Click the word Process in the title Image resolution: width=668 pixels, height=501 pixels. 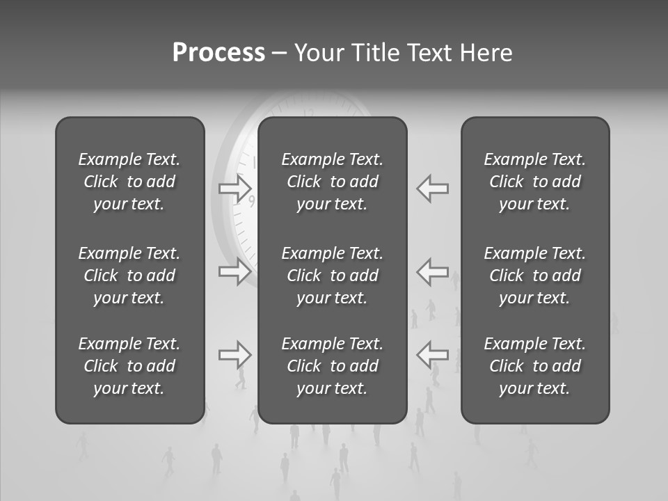[218, 53]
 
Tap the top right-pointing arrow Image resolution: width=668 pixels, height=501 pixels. [235, 188]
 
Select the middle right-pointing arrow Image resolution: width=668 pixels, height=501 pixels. [235, 271]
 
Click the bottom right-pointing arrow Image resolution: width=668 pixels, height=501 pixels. [235, 354]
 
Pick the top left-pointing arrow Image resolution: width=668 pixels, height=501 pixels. [432, 188]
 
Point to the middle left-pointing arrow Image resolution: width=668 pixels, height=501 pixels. [432, 271]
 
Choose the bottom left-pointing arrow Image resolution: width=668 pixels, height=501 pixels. [432, 354]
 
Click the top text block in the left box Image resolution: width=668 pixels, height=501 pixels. [129, 182]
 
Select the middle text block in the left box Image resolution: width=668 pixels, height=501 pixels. [129, 276]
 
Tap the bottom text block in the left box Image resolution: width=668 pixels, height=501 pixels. [129, 366]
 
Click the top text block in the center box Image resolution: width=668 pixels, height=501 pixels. [332, 182]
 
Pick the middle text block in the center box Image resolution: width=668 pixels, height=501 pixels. [332, 276]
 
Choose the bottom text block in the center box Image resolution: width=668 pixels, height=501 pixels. [332, 366]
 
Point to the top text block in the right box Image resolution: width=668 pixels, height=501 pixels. [534, 182]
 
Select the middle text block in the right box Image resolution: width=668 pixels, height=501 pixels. [534, 276]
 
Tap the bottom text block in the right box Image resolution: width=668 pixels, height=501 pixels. [534, 366]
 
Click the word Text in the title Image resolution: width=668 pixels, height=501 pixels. [430, 53]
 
